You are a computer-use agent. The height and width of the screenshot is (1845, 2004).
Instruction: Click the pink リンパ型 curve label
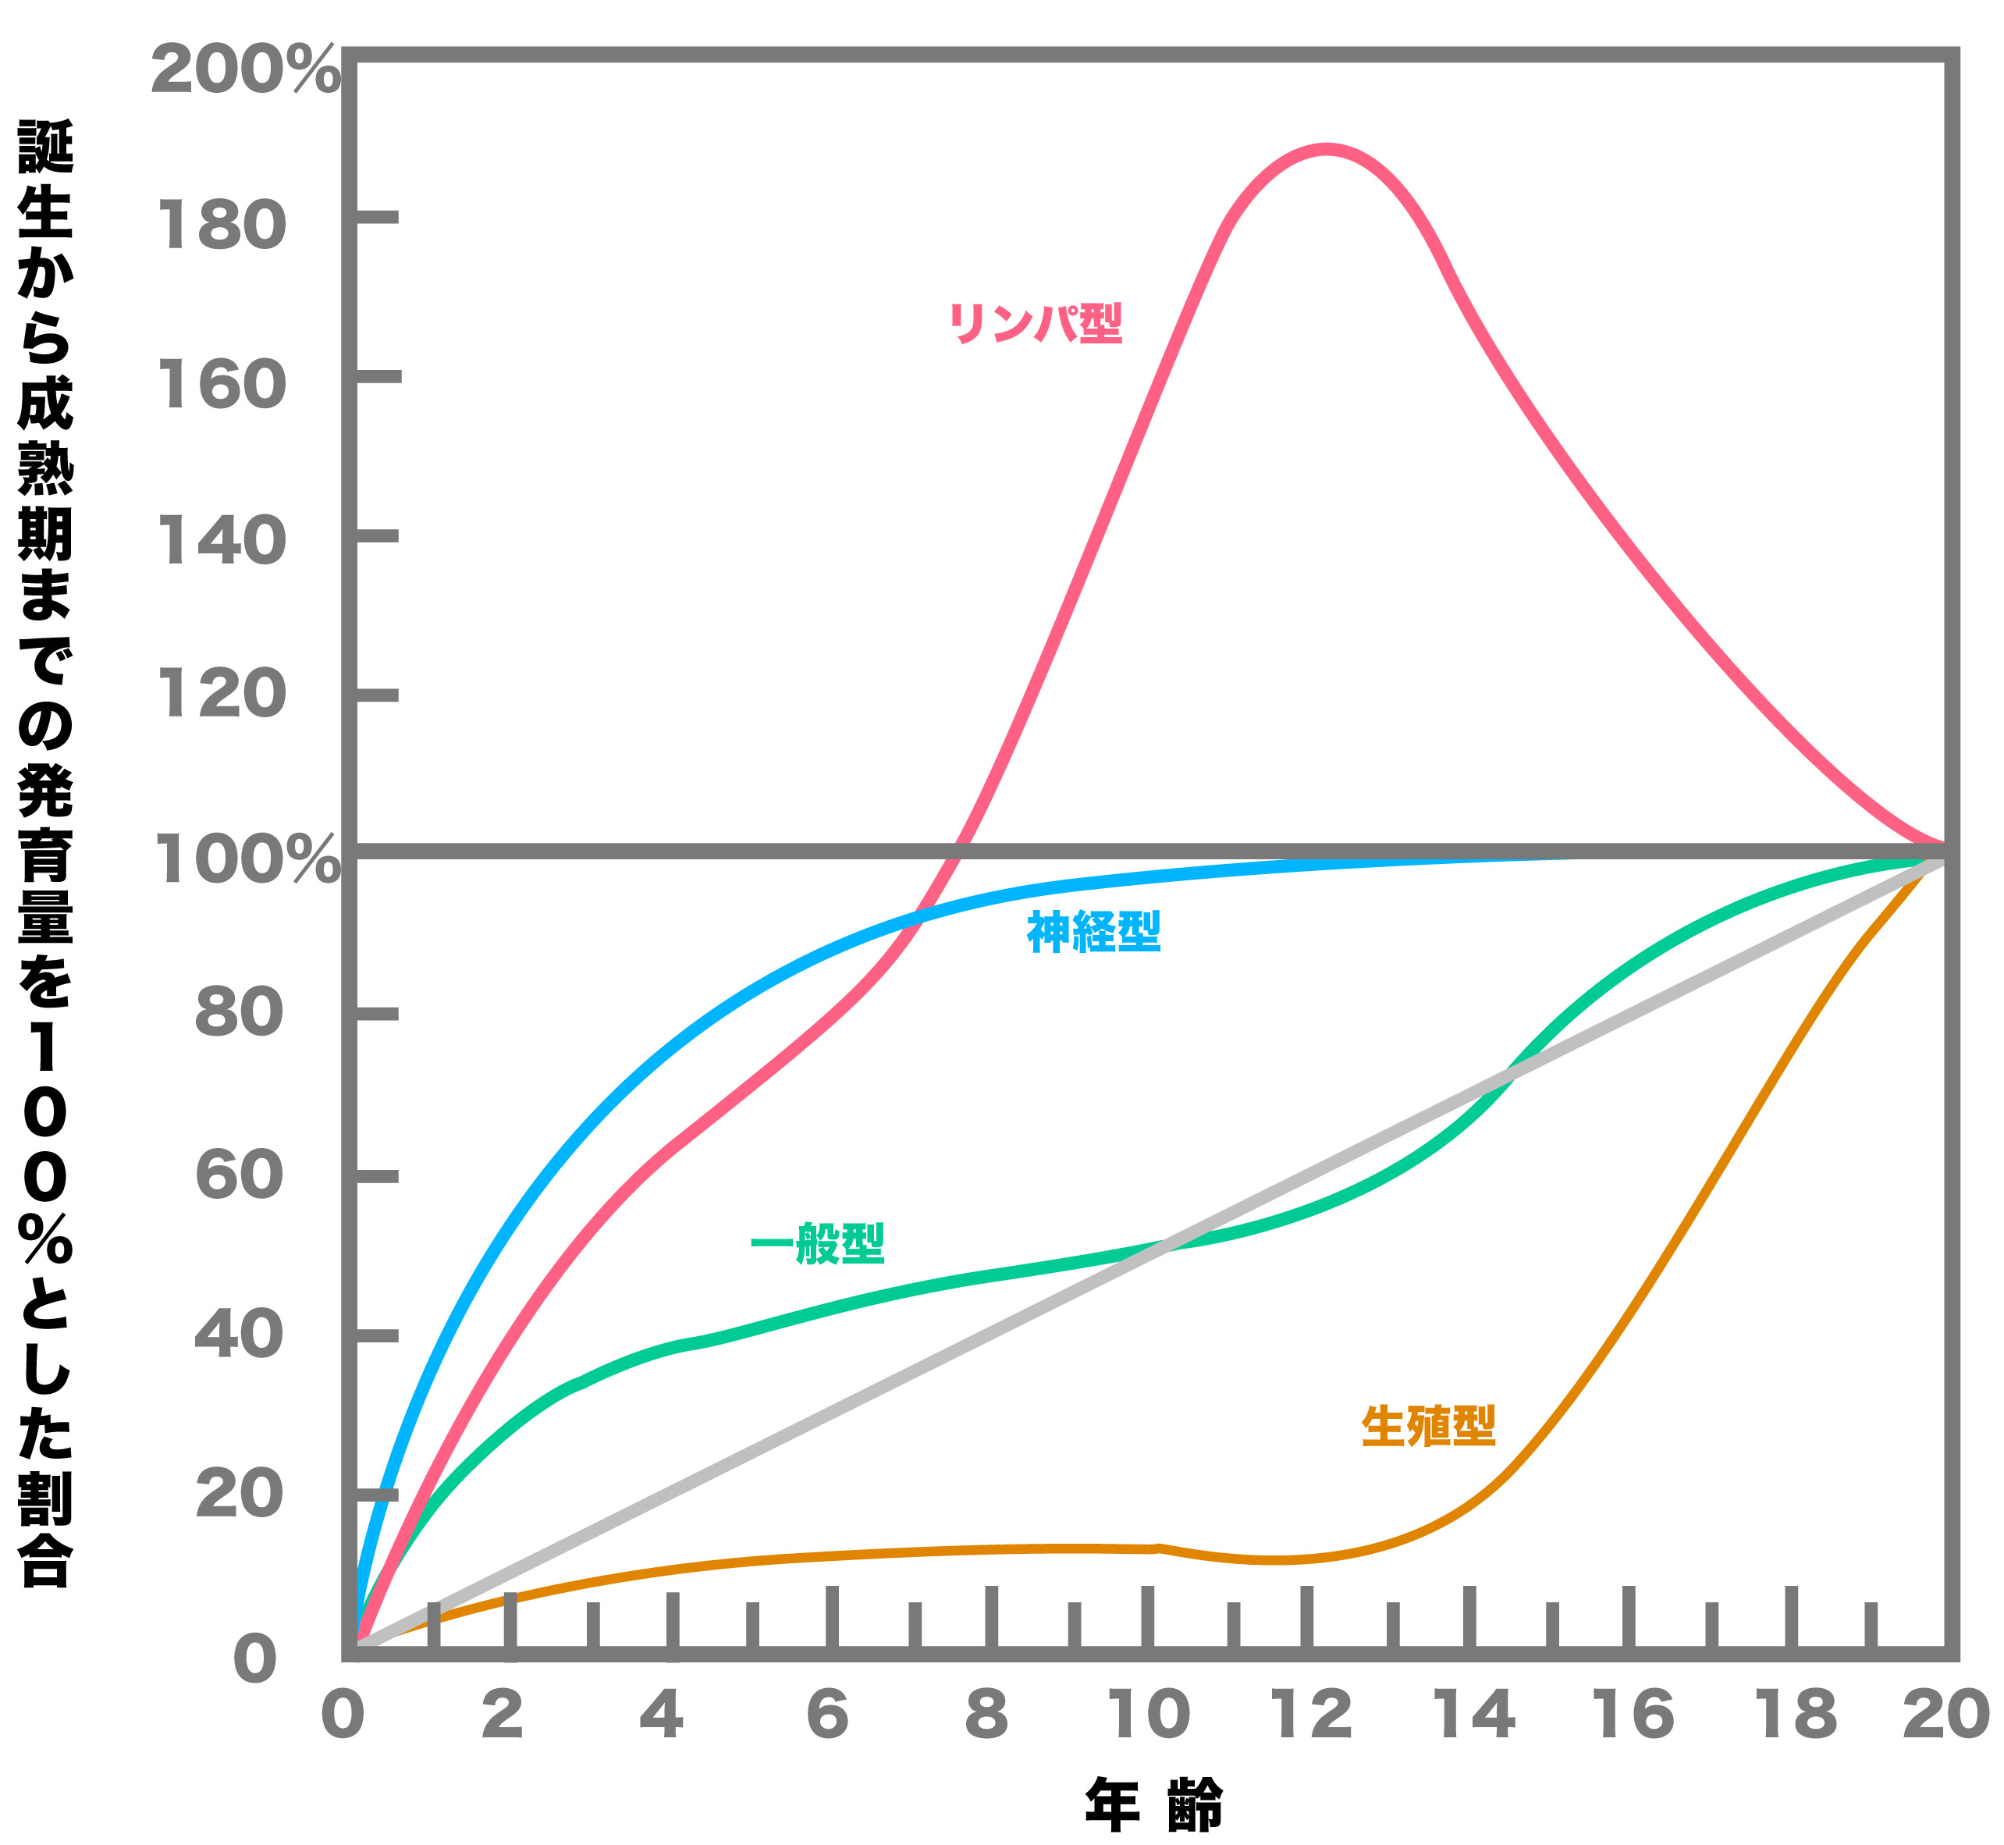(1035, 322)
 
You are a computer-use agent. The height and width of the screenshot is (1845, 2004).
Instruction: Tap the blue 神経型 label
(1094, 933)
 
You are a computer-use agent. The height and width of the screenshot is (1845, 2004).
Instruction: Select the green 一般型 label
(817, 1243)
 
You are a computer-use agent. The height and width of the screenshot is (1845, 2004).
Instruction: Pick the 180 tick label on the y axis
(222, 226)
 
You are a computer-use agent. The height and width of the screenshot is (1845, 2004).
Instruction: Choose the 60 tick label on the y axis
(240, 1175)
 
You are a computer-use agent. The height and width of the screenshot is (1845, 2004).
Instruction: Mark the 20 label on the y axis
(240, 1495)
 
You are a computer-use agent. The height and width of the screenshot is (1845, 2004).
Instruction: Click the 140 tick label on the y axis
(222, 542)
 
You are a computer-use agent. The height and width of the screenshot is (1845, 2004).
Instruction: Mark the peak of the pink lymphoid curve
(1325, 150)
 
